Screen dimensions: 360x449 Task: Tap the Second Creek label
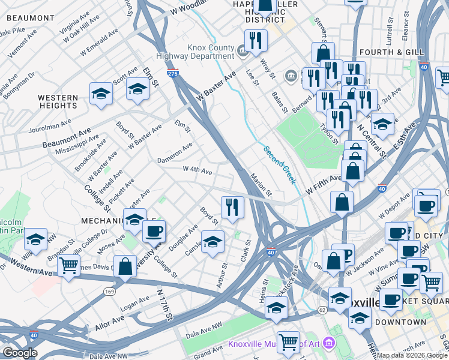[280, 163]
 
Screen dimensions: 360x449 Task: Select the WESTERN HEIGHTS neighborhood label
[58, 101]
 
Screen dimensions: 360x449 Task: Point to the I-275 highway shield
[173, 73]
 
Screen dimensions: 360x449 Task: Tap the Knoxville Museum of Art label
[273, 344]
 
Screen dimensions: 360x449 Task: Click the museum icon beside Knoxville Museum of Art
[328, 344]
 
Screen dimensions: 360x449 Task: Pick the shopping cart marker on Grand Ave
[289, 341]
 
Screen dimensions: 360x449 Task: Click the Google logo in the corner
[20, 353]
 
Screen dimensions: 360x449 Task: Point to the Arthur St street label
[222, 274]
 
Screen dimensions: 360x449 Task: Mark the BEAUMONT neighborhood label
[26, 19]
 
